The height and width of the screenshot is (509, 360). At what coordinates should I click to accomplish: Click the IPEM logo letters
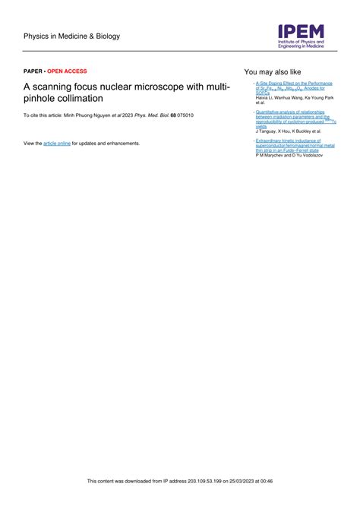[301, 31]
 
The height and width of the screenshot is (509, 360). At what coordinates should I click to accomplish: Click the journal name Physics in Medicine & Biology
[71, 36]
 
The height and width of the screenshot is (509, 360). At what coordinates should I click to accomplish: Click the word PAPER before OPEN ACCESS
[33, 71]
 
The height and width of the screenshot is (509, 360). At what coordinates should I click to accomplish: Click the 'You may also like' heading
[272, 71]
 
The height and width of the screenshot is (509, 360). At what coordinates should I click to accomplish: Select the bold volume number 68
[173, 115]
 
